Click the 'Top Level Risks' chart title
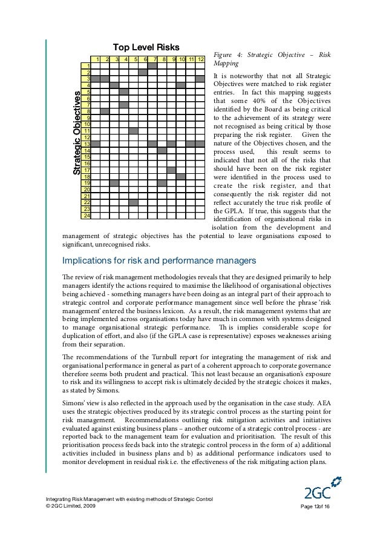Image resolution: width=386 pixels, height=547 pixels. coord(143,47)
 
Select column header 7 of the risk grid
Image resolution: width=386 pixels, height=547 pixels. coord(153,59)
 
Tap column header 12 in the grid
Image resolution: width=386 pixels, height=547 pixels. coord(200,59)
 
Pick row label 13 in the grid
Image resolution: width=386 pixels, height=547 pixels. coord(87,144)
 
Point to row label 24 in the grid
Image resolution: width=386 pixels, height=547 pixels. coord(87,216)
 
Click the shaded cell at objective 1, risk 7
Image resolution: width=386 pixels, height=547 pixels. coord(153,66)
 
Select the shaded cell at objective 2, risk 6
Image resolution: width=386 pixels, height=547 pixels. coord(143,73)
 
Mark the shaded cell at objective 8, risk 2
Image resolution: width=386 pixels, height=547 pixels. coord(106,111)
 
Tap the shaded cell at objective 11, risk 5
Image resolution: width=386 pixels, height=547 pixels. coord(134,131)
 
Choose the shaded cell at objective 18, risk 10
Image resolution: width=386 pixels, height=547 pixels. coord(181,176)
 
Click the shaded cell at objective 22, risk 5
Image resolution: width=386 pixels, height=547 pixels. coord(134,202)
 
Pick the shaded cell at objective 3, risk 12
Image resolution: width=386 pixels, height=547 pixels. coord(200,79)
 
